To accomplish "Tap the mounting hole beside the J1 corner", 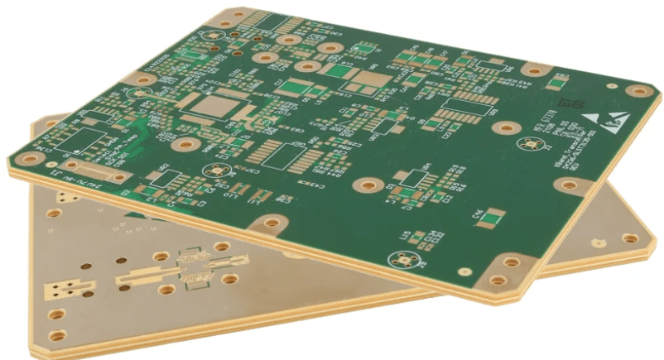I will pyautogui.click(x=32, y=155).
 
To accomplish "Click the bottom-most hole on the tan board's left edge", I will pyautogui.click(x=57, y=336).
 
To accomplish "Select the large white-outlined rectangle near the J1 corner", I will pyautogui.click(x=95, y=142).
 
